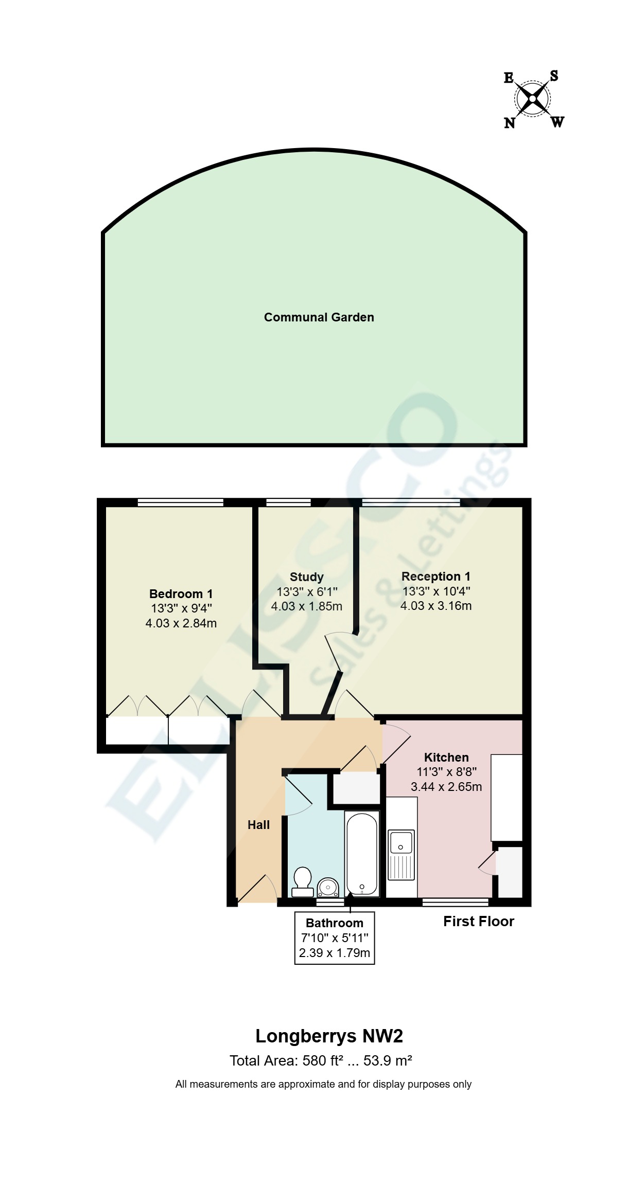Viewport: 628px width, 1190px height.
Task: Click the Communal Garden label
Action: pyautogui.click(x=319, y=317)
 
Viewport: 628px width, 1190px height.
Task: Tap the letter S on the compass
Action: pyautogui.click(x=554, y=76)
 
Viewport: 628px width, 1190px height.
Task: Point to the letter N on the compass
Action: pyautogui.click(x=509, y=123)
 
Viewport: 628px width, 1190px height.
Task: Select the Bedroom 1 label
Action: pyautogui.click(x=181, y=594)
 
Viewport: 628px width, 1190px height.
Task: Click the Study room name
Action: pyautogui.click(x=307, y=577)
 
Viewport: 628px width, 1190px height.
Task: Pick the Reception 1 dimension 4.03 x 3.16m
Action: pyautogui.click(x=436, y=606)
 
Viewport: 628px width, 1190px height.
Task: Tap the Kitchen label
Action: pyautogui.click(x=446, y=758)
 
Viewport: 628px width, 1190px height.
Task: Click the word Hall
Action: pyautogui.click(x=258, y=825)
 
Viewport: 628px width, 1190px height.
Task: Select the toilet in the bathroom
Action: pyautogui.click(x=302, y=881)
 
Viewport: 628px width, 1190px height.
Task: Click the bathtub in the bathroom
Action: pyautogui.click(x=362, y=854)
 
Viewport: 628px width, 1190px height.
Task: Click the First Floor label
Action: pyautogui.click(x=479, y=922)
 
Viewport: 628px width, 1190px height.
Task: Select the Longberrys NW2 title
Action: pyautogui.click(x=329, y=1036)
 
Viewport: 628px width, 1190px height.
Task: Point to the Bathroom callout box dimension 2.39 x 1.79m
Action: pyautogui.click(x=335, y=953)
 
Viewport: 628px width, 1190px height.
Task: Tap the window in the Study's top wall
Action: pyautogui.click(x=288, y=502)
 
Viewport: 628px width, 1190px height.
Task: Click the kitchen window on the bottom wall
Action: pyautogui.click(x=455, y=901)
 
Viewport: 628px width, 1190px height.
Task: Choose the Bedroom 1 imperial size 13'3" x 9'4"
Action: pyautogui.click(x=181, y=608)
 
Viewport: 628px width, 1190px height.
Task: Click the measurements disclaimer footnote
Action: pyautogui.click(x=323, y=1084)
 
